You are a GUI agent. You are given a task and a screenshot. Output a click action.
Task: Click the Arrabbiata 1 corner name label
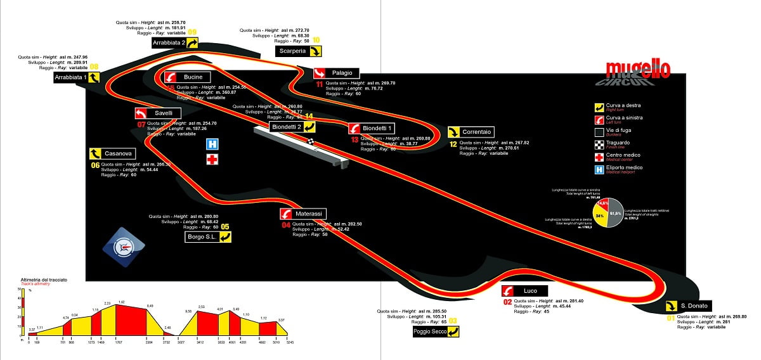tap(70, 77)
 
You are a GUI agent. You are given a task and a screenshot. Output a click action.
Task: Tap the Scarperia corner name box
tap(293, 51)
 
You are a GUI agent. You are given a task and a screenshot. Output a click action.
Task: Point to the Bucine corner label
tap(193, 77)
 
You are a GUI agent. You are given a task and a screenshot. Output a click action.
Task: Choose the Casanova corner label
tap(117, 153)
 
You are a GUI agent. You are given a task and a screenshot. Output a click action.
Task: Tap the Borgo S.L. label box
tap(202, 237)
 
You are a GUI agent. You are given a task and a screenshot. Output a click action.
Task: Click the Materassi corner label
tap(309, 214)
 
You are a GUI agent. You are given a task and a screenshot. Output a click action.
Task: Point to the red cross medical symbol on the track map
tap(211, 159)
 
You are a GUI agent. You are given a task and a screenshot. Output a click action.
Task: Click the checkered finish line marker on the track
tap(311, 141)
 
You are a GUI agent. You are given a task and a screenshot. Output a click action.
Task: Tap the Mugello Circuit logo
tap(637, 72)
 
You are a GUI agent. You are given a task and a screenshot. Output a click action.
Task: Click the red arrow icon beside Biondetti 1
tap(354, 128)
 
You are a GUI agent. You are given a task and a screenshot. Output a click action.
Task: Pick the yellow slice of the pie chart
tap(598, 217)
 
